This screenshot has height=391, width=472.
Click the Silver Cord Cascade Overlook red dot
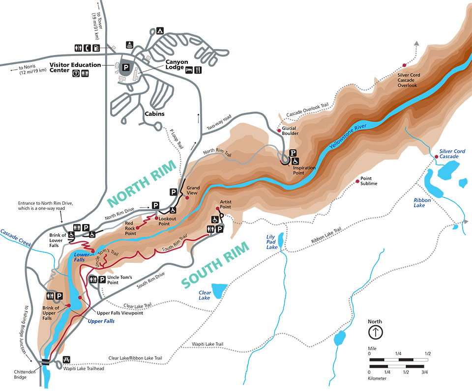[x=405, y=65]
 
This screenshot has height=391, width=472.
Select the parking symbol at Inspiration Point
[x=293, y=153]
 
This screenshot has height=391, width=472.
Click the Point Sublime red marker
[x=357, y=181]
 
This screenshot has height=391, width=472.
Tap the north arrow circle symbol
[x=376, y=333]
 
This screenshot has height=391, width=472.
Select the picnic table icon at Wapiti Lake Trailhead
[x=67, y=360]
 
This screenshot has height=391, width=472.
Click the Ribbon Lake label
[x=422, y=202]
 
